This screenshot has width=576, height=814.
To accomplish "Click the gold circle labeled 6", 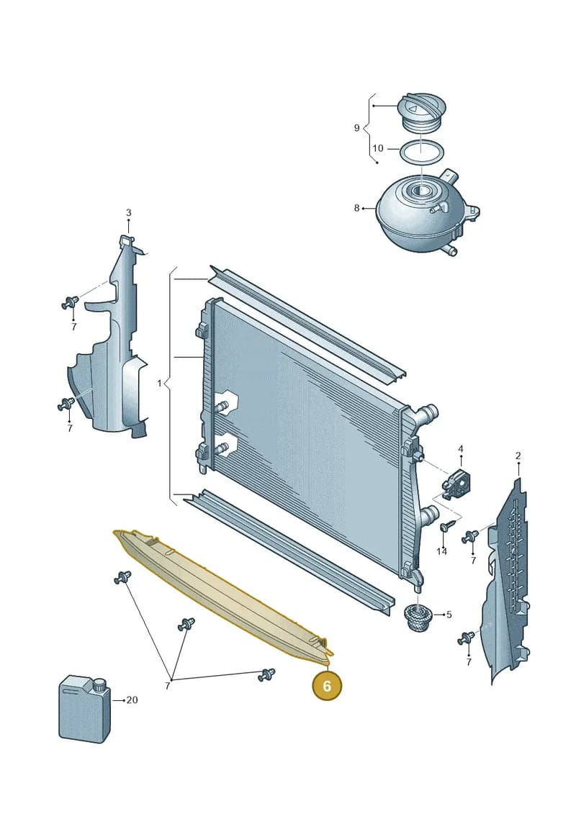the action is (x=327, y=686).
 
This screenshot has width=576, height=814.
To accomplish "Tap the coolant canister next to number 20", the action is (x=85, y=709).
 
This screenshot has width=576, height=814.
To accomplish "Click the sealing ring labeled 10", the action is (x=422, y=153).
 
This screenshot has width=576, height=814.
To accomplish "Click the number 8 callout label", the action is (x=357, y=208).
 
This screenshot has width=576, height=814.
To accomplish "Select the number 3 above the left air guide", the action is (x=128, y=212).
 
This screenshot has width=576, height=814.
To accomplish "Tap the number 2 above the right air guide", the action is (x=518, y=456).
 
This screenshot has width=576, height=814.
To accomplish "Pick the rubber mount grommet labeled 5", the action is (x=417, y=618).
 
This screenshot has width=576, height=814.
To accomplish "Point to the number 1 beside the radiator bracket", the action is (x=159, y=384).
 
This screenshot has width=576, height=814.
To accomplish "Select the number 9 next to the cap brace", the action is (x=357, y=127).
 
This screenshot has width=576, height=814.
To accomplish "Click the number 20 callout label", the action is (x=132, y=700).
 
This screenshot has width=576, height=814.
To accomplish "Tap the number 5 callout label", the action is (x=449, y=615).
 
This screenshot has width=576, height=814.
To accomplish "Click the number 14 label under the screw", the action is (x=441, y=551).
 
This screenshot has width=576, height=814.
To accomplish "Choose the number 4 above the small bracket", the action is (x=460, y=448).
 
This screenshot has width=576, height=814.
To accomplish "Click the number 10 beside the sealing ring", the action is (x=377, y=148).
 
